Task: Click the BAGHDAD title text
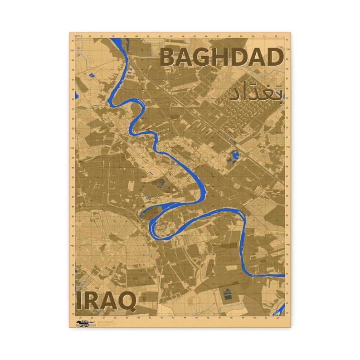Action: point(222,58)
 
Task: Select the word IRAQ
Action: point(106,301)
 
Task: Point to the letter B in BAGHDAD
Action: point(170,58)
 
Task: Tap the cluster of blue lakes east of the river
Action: point(234,155)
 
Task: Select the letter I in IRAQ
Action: point(79,301)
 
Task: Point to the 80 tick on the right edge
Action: point(287,245)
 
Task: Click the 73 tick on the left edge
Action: point(73,313)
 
